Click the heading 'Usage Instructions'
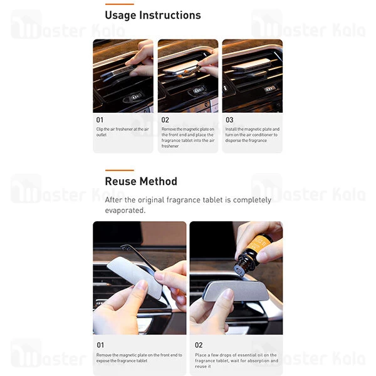[153, 15]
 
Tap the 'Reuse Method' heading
[141, 181]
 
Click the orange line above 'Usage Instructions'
[120, 4]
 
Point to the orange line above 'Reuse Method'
[120, 170]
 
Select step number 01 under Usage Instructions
[100, 120]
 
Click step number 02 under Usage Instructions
[165, 120]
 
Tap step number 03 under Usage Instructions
[229, 120]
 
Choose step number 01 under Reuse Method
[100, 345]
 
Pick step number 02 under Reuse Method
[199, 345]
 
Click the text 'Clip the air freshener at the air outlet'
[123, 132]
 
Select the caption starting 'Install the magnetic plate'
[253, 135]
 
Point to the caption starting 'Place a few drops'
[236, 361]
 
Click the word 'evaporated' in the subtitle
[125, 211]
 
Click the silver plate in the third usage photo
[251, 64]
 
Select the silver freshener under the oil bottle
[236, 291]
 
